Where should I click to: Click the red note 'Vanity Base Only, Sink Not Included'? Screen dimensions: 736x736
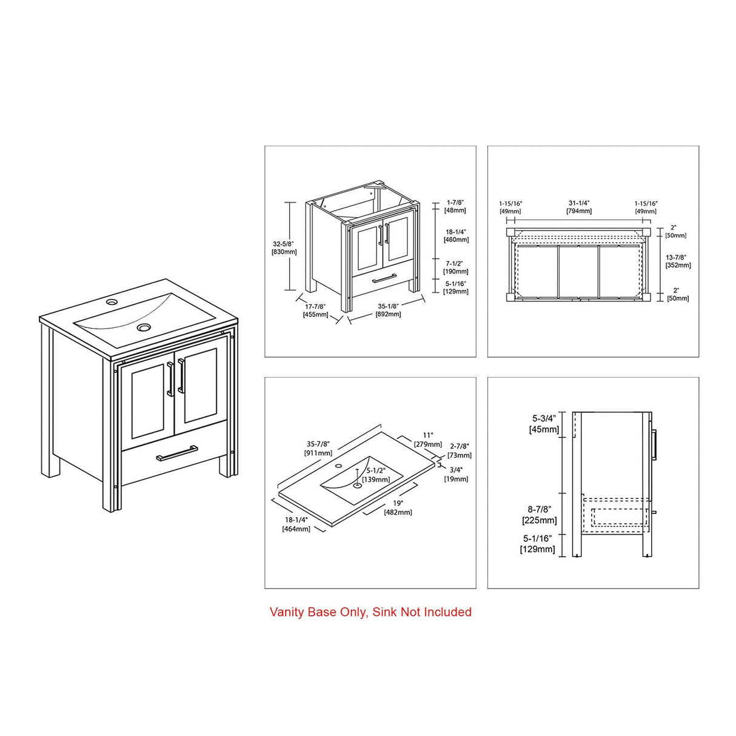pos(370,612)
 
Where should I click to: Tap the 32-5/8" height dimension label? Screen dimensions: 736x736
pos(284,247)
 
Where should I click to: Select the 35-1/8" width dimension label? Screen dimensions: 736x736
pos(387,310)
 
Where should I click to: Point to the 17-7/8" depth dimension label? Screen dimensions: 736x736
pos(315,310)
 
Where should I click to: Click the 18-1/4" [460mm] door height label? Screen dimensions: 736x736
pos(455,235)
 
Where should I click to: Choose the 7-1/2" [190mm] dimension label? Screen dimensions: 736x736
pos(455,267)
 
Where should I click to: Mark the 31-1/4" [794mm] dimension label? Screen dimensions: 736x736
pos(579,207)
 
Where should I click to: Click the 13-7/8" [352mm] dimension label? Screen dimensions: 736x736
pos(678,261)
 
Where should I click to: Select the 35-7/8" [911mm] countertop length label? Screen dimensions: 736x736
pos(318,448)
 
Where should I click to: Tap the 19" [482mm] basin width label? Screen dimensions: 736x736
pos(398,507)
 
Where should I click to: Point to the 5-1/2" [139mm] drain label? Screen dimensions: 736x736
pos(376,475)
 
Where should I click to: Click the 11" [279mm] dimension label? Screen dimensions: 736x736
pos(428,439)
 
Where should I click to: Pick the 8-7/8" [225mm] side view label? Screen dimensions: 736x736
pos(539,515)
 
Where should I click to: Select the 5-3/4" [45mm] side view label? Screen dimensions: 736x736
pos(544,424)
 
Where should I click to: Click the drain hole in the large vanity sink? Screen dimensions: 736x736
pos(144,327)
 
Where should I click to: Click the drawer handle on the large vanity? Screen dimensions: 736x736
pos(176,453)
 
